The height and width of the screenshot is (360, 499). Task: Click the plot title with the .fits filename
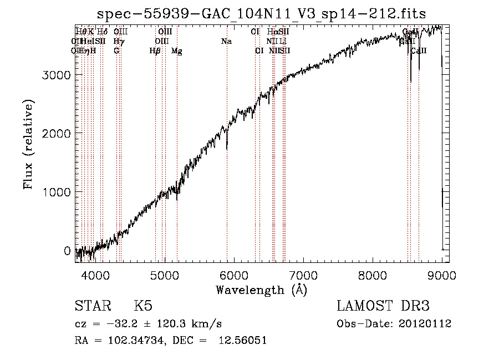coord(262,14)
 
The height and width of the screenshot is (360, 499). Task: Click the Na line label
coord(226,41)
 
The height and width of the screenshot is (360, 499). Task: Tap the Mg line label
coord(177,51)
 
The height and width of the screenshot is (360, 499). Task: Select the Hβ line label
coord(155,51)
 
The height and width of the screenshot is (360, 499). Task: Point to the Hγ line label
coord(118,41)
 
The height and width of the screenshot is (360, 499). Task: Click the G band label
coord(116,50)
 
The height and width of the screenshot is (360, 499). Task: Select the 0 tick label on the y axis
coord(67,251)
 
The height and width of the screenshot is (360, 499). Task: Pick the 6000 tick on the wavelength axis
coord(233,274)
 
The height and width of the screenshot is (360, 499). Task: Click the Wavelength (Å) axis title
coord(261,290)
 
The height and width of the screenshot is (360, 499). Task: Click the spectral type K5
coord(143,306)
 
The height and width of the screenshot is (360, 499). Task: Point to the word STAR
coord(92,306)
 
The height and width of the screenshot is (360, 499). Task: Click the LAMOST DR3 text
coord(383,306)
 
